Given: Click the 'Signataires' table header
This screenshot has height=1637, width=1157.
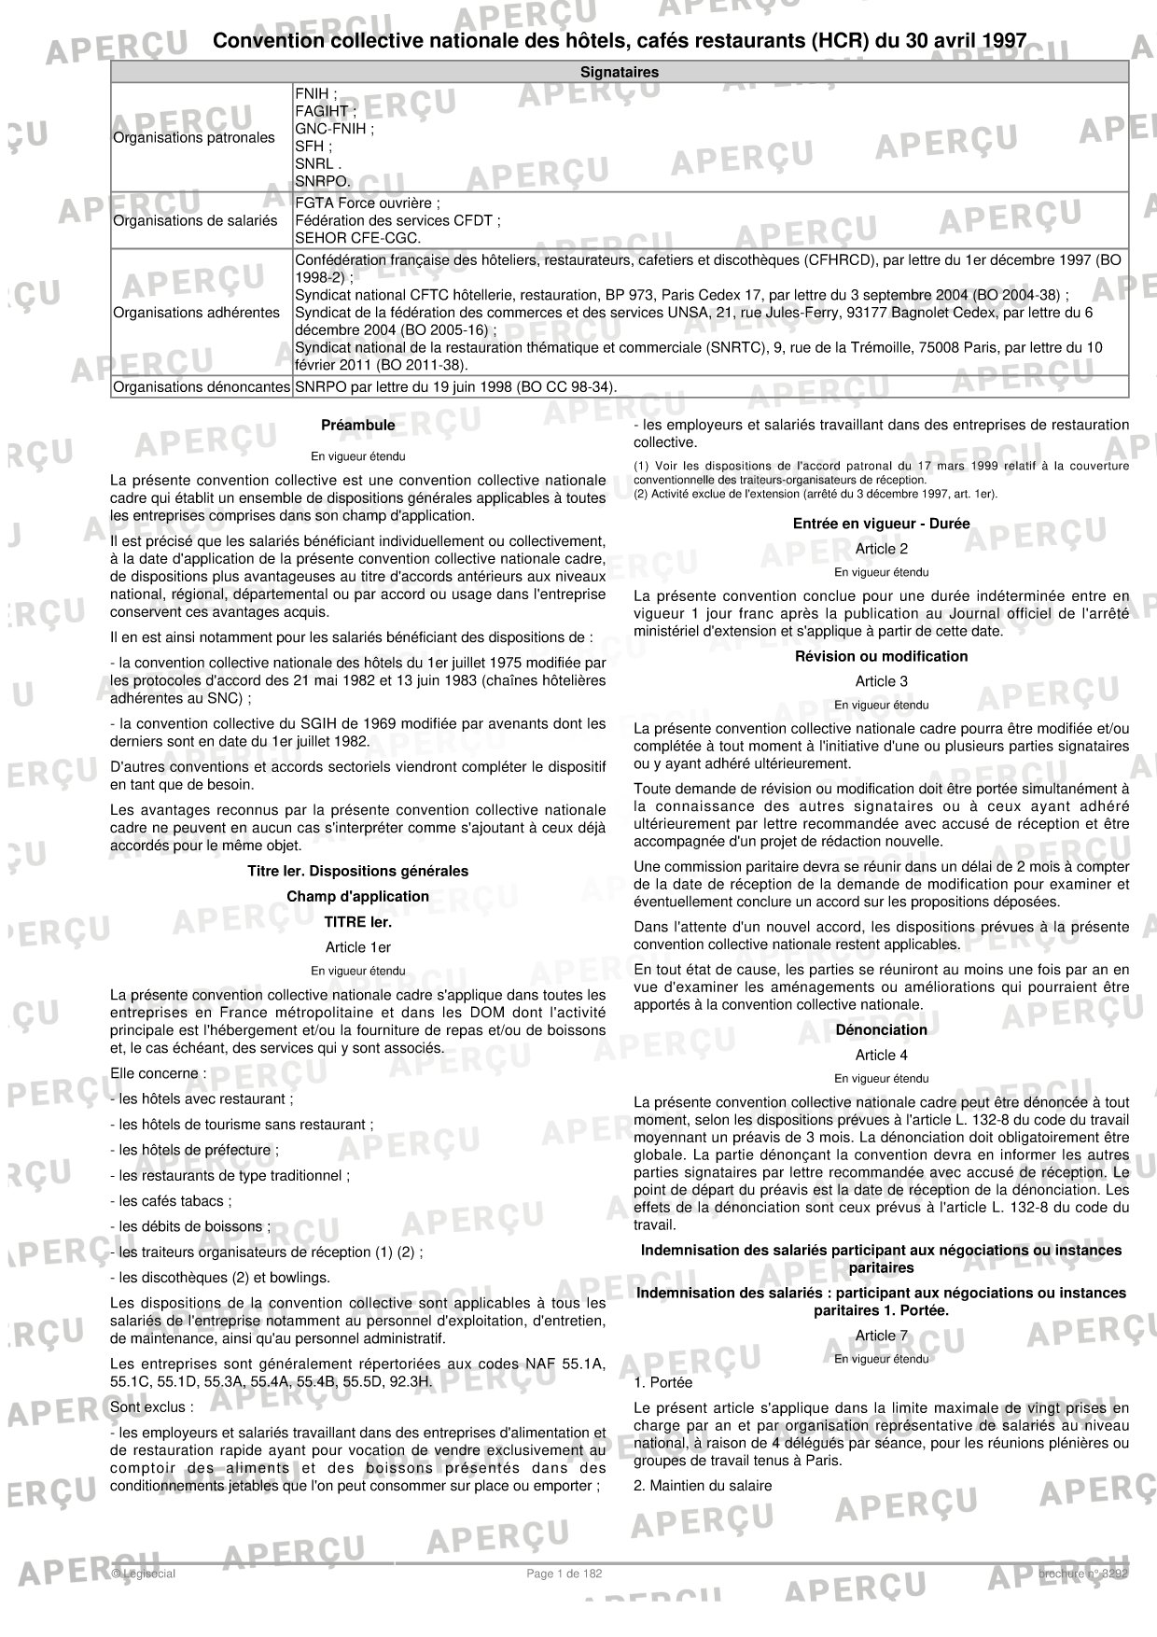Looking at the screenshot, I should (x=619, y=72).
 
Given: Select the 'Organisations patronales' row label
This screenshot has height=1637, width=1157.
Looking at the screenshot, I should (x=194, y=138).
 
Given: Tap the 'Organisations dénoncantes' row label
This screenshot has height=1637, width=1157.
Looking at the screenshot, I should (x=202, y=386).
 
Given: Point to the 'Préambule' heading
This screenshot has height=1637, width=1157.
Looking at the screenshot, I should (x=357, y=426).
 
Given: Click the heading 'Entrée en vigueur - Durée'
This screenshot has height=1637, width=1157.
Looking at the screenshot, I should (x=881, y=524).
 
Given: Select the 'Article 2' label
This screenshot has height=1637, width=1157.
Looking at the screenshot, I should (x=881, y=549).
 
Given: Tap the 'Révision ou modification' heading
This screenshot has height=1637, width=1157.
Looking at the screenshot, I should (x=881, y=656).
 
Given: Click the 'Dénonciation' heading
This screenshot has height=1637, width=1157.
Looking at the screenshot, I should (x=881, y=1030).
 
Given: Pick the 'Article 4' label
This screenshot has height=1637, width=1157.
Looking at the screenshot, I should (x=881, y=1056).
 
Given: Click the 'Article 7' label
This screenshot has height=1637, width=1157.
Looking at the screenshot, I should (x=881, y=1336).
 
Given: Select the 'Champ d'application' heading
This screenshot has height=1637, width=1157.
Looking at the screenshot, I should (x=357, y=897).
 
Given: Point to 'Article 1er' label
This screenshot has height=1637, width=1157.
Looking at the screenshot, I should (x=357, y=947).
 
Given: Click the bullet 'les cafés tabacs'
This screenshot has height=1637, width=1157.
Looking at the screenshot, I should (x=172, y=1201).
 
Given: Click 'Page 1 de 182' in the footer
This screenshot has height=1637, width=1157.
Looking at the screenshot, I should (x=565, y=1574).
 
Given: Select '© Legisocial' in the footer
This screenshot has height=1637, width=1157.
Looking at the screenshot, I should (x=143, y=1574).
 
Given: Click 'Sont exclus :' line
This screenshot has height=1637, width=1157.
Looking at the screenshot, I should (x=153, y=1406).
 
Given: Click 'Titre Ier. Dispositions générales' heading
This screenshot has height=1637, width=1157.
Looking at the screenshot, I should (x=357, y=872).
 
